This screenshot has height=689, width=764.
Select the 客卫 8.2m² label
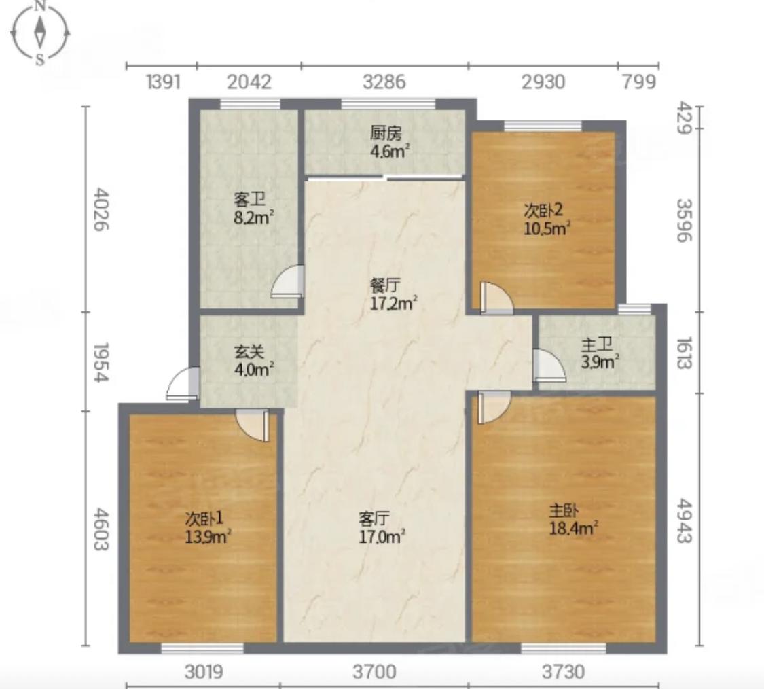pyautogui.click(x=253, y=208)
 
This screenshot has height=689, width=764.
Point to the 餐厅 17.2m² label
pyautogui.click(x=394, y=294)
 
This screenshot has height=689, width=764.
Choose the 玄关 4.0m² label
pyautogui.click(x=253, y=360)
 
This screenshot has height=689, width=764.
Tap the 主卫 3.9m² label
pyautogui.click(x=600, y=353)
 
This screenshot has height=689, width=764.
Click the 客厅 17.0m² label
pyautogui.click(x=382, y=527)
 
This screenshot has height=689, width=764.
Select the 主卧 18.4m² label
pyautogui.click(x=573, y=519)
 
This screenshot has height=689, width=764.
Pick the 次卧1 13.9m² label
pyautogui.click(x=208, y=527)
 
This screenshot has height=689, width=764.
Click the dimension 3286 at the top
pyautogui.click(x=384, y=82)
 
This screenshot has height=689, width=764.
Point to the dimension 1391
pyautogui.click(x=163, y=82)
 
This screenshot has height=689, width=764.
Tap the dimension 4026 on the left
pyautogui.click(x=101, y=209)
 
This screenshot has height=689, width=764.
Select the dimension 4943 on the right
pyautogui.click(x=684, y=520)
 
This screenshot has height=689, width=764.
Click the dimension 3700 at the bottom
pyautogui.click(x=374, y=672)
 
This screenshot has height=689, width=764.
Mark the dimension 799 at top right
pyautogui.click(x=639, y=82)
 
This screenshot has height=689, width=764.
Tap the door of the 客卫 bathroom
pyautogui.click(x=287, y=281)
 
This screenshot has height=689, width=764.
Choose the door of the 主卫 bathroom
pyautogui.click(x=549, y=365)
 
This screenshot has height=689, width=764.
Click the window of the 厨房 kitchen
pyautogui.click(x=388, y=104)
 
